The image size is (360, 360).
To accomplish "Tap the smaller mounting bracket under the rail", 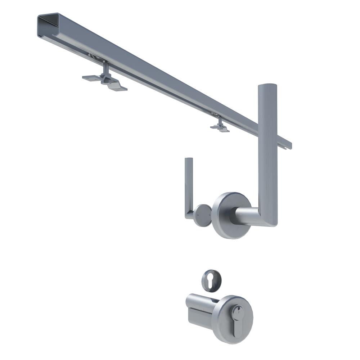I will click(x=220, y=126).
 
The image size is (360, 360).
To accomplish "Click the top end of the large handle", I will click(x=267, y=86).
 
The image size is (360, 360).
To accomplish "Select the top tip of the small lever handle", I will click(x=189, y=159).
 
